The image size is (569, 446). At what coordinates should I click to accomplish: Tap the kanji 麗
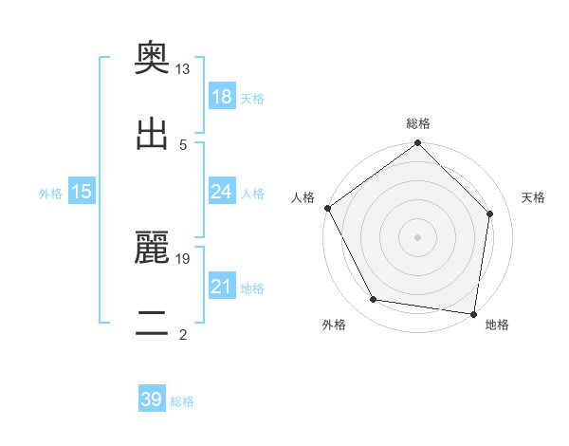click(153, 249)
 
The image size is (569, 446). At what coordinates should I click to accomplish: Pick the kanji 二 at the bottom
click(153, 323)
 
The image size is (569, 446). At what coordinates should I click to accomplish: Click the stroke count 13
click(183, 69)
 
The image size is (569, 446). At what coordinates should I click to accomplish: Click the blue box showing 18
click(222, 97)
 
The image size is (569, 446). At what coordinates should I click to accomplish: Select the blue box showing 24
click(222, 192)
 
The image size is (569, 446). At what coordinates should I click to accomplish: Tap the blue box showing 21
click(222, 287)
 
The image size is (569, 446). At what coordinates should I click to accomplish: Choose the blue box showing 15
click(82, 192)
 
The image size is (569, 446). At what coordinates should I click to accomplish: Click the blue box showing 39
click(152, 400)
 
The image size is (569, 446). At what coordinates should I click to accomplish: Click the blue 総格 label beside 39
click(182, 401)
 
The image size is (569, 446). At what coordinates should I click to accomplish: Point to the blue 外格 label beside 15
click(50, 194)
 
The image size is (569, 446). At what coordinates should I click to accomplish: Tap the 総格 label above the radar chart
click(418, 123)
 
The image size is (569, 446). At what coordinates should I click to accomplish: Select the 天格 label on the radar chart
click(533, 197)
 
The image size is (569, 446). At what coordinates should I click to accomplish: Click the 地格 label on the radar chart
click(497, 325)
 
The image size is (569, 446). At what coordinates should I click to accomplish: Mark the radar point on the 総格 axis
click(418, 144)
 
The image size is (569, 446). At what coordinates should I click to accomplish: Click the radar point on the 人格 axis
click(327, 208)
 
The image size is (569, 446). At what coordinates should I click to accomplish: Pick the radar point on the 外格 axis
click(374, 300)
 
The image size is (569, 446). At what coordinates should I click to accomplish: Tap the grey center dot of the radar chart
click(418, 237)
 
